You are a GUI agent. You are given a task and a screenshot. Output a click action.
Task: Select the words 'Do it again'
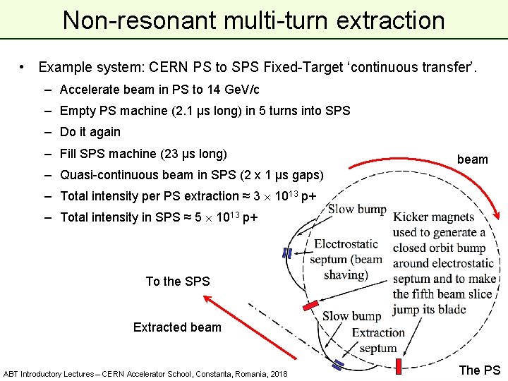click(x=90, y=132)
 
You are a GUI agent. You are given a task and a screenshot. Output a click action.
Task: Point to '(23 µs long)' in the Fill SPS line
click(x=193, y=153)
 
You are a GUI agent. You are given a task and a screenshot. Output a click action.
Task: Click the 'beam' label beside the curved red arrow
click(x=472, y=159)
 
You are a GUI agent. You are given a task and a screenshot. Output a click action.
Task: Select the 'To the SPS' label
click(x=178, y=282)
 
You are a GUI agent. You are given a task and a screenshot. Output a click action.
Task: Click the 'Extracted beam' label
click(x=177, y=327)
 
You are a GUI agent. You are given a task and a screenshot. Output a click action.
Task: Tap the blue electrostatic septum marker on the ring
click(x=287, y=253)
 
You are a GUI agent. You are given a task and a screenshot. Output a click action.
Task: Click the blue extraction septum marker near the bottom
click(x=338, y=365)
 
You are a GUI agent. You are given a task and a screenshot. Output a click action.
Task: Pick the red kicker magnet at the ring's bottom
click(x=398, y=365)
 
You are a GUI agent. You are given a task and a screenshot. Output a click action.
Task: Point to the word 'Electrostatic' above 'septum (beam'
click(x=346, y=244)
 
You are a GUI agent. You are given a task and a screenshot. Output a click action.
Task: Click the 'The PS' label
click(x=480, y=370)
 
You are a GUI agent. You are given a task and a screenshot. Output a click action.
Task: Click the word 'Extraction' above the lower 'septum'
click(x=378, y=332)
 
